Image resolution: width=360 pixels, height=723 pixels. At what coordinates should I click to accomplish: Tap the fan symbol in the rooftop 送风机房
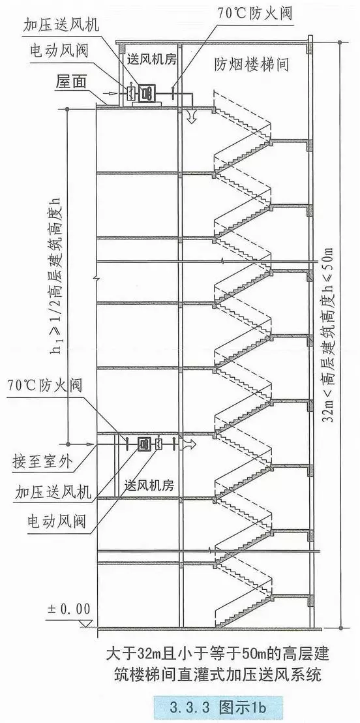coord(146,93)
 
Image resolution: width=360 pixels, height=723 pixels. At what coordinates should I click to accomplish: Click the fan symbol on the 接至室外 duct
coord(142,444)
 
